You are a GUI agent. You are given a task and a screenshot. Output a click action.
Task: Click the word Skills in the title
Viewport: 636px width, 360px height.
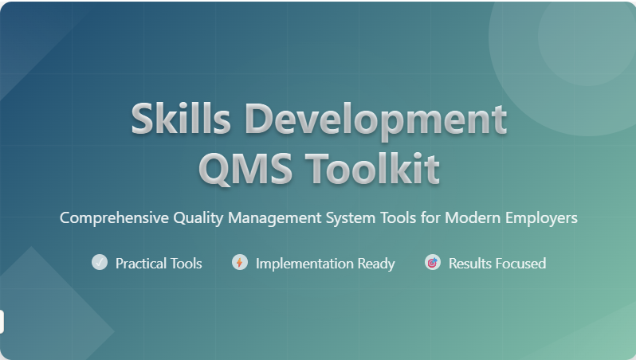coord(181,119)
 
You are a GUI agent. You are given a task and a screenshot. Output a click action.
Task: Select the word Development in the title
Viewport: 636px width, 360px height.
coord(376,120)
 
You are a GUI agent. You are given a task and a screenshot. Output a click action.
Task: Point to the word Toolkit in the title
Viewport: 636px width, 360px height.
coord(372,168)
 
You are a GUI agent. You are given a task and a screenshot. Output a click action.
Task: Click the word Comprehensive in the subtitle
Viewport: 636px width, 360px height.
coord(114,218)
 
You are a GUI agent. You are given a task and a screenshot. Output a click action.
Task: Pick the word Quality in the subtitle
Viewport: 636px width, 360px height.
coord(198,218)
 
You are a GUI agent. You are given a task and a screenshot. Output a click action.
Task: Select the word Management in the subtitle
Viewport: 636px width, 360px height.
coord(275,218)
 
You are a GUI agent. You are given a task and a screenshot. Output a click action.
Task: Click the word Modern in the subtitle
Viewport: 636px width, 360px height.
coord(473,217)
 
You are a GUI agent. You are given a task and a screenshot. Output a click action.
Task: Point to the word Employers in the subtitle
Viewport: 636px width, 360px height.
coord(541,218)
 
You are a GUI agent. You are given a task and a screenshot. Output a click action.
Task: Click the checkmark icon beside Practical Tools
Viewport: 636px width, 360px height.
coord(100,262)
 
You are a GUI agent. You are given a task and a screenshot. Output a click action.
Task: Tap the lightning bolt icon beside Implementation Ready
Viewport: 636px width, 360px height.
coord(240,262)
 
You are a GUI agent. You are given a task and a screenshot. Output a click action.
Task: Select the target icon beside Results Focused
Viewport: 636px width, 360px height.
coord(433,262)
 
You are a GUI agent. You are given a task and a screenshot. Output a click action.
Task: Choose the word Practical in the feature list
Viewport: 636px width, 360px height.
coord(141,264)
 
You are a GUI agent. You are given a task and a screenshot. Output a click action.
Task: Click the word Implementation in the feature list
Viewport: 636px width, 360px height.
coord(304,264)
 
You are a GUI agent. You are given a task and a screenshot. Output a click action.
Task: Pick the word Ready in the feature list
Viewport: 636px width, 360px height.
coord(376,264)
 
